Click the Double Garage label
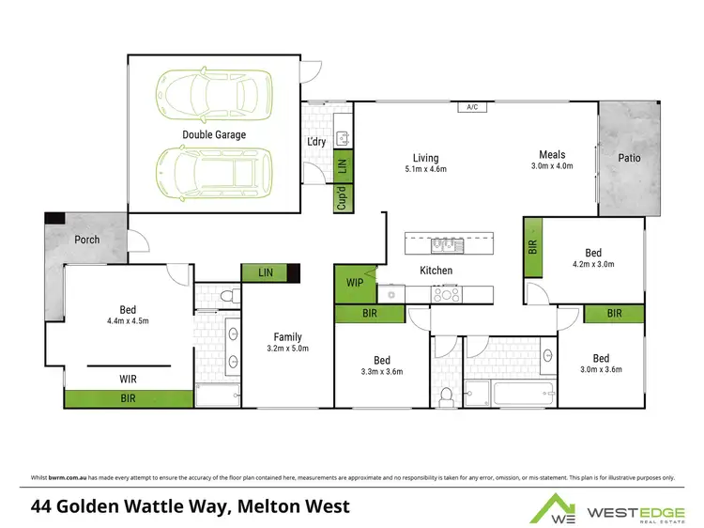click(214, 135)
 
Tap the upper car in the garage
click(214, 93)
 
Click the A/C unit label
click(472, 108)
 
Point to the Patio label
click(629, 158)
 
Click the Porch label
click(86, 240)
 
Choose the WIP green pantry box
click(354, 284)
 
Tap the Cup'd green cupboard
click(342, 199)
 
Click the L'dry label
click(316, 142)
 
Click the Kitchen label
click(436, 271)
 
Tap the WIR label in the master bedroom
click(129, 380)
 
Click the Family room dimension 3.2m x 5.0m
click(287, 349)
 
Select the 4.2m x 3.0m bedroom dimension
click(593, 264)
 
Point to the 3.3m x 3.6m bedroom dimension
click(381, 371)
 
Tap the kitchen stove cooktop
click(444, 294)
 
